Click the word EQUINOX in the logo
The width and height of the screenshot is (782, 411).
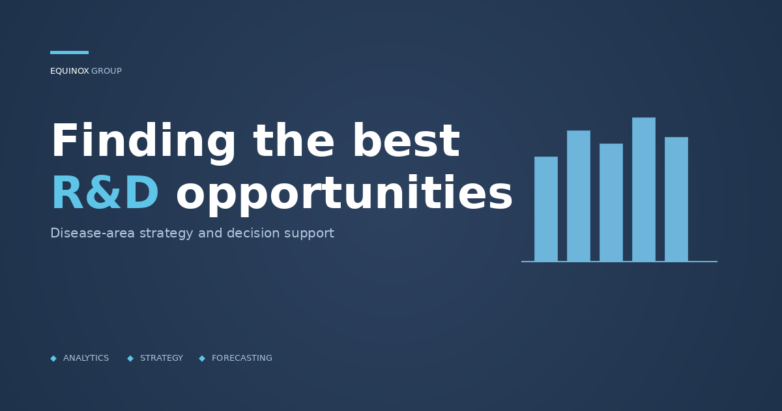pyautogui.click(x=69, y=71)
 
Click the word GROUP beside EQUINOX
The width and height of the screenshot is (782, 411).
pyautogui.click(x=106, y=71)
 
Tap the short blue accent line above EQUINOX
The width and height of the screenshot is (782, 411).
pyautogui.click(x=69, y=52)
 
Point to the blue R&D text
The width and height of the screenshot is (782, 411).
pyautogui.click(x=105, y=194)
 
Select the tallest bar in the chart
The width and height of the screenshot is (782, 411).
pyautogui.click(x=644, y=189)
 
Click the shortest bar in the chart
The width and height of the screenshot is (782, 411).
pyautogui.click(x=546, y=209)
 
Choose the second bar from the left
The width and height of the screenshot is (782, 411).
pyautogui.click(x=579, y=196)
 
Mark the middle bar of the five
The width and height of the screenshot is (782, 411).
pyautogui.click(x=611, y=202)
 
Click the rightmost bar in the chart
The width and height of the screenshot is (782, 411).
pyautogui.click(x=676, y=199)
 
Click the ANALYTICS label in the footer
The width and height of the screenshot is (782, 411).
pyautogui.click(x=86, y=358)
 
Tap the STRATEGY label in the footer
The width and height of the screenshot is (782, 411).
pyautogui.click(x=162, y=358)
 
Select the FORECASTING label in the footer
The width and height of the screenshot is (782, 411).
pyautogui.click(x=242, y=358)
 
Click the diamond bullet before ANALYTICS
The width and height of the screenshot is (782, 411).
pyautogui.click(x=53, y=358)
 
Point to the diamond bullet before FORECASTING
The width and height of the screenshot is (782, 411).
pyautogui.click(x=202, y=358)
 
